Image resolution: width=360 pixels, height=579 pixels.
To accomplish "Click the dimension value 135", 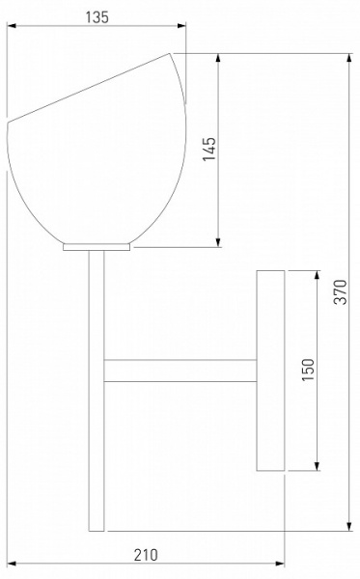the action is click(x=97, y=17).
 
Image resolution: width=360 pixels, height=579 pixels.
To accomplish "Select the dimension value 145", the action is click(x=209, y=149).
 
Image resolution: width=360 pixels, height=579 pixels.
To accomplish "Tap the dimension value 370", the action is click(x=341, y=291).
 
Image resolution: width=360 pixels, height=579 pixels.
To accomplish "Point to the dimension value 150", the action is click(x=308, y=370).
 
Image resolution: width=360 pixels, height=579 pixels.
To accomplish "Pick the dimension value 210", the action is click(x=146, y=555).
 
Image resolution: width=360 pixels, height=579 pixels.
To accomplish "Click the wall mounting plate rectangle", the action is click(x=270, y=371).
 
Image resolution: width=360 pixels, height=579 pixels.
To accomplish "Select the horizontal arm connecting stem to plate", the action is click(x=180, y=371).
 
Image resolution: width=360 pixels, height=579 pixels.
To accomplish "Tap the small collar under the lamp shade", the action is click(x=97, y=247).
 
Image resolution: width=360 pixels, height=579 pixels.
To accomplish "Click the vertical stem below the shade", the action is click(x=97, y=391).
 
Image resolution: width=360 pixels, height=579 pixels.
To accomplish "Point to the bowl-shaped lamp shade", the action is click(x=97, y=149).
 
